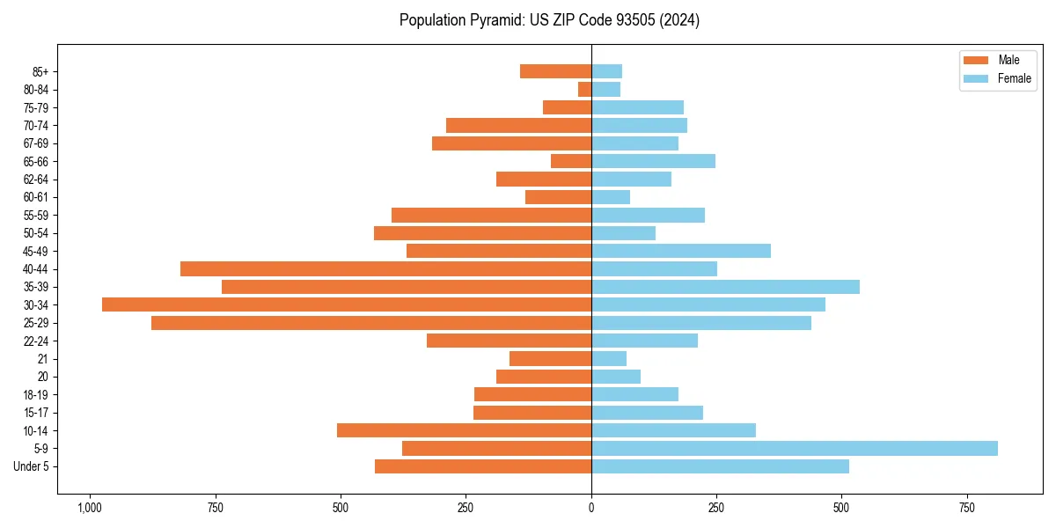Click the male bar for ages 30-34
coord(347,304)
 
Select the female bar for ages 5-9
coord(794,449)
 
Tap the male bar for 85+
coord(555,71)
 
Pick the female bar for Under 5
coord(720,466)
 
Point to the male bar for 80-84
coord(584,89)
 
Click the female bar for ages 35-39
coord(725,287)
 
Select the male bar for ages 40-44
coord(385,268)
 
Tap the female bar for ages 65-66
coord(653,161)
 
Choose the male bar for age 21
coord(550,358)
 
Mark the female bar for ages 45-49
coord(680,251)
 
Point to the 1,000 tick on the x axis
coord(89,508)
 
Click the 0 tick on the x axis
coord(591,508)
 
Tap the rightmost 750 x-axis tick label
coord(966,508)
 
